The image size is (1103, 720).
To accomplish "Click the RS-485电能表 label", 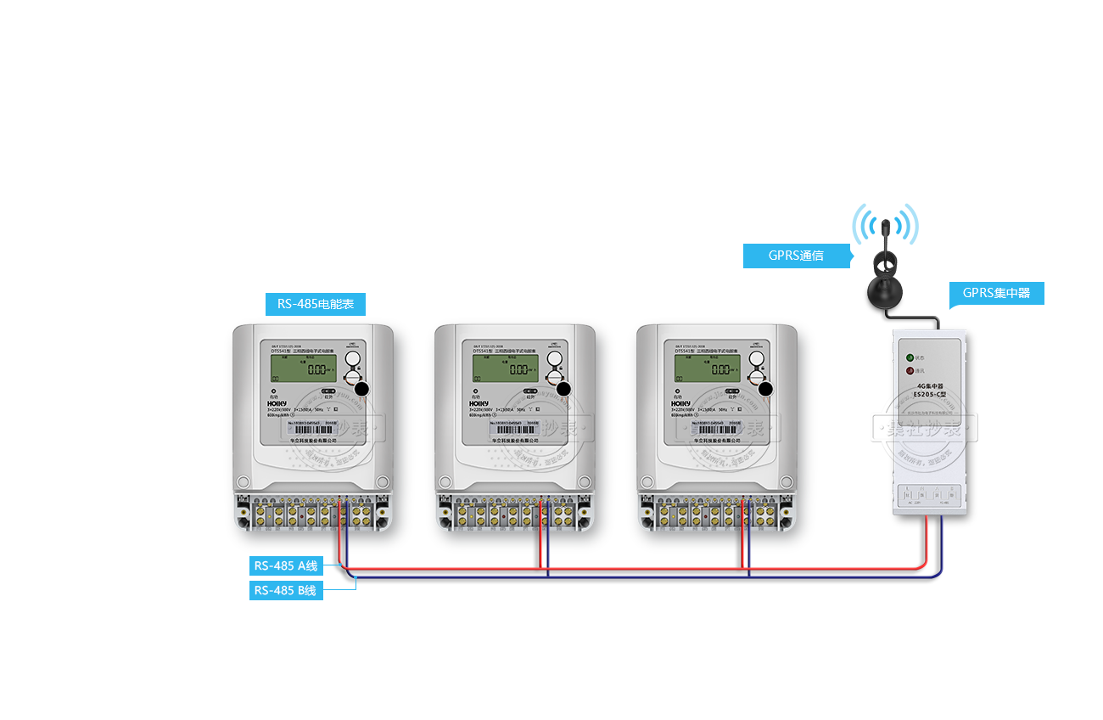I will (x=316, y=304).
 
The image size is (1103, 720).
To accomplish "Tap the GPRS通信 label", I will (x=797, y=256).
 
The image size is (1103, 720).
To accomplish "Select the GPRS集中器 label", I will (x=996, y=294).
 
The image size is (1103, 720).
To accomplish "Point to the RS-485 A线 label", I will (x=286, y=566).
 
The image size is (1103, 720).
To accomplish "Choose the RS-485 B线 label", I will (x=286, y=590).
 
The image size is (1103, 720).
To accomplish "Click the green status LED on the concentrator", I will (x=910, y=358).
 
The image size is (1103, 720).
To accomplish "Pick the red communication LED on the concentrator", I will (x=910, y=371).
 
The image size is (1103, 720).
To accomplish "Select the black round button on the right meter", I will (x=767, y=389).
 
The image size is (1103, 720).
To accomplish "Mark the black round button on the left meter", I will (x=363, y=389).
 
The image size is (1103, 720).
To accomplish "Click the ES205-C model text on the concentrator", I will (x=931, y=405).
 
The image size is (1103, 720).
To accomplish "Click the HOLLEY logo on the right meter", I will (x=681, y=404).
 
